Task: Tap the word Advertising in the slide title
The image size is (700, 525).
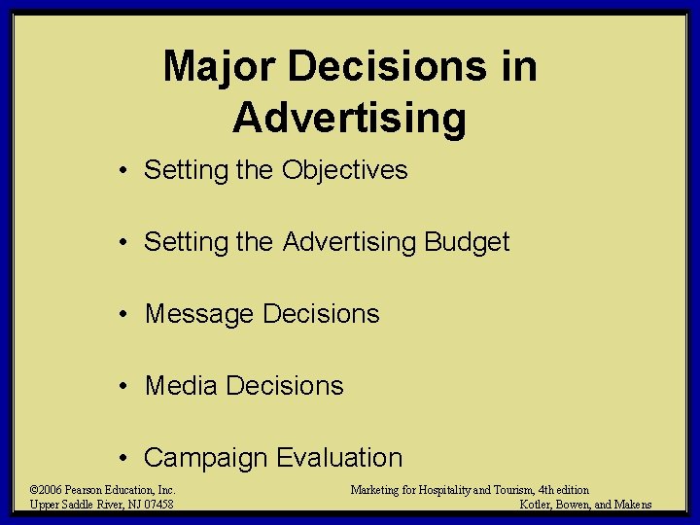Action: (350, 118)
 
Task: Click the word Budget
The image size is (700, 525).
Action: (468, 241)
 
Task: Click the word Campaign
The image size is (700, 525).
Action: (206, 458)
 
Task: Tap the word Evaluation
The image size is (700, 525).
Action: (339, 458)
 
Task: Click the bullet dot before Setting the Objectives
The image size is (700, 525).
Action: (125, 171)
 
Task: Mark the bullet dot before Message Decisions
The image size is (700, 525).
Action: (125, 315)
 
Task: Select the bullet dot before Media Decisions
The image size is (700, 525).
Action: (125, 387)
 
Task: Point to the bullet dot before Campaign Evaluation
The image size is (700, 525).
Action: (125, 459)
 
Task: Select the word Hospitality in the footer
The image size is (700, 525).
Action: (437, 490)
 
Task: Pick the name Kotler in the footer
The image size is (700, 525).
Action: (536, 505)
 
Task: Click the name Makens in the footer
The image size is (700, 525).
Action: (633, 505)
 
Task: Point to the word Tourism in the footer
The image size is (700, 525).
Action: (503, 490)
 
